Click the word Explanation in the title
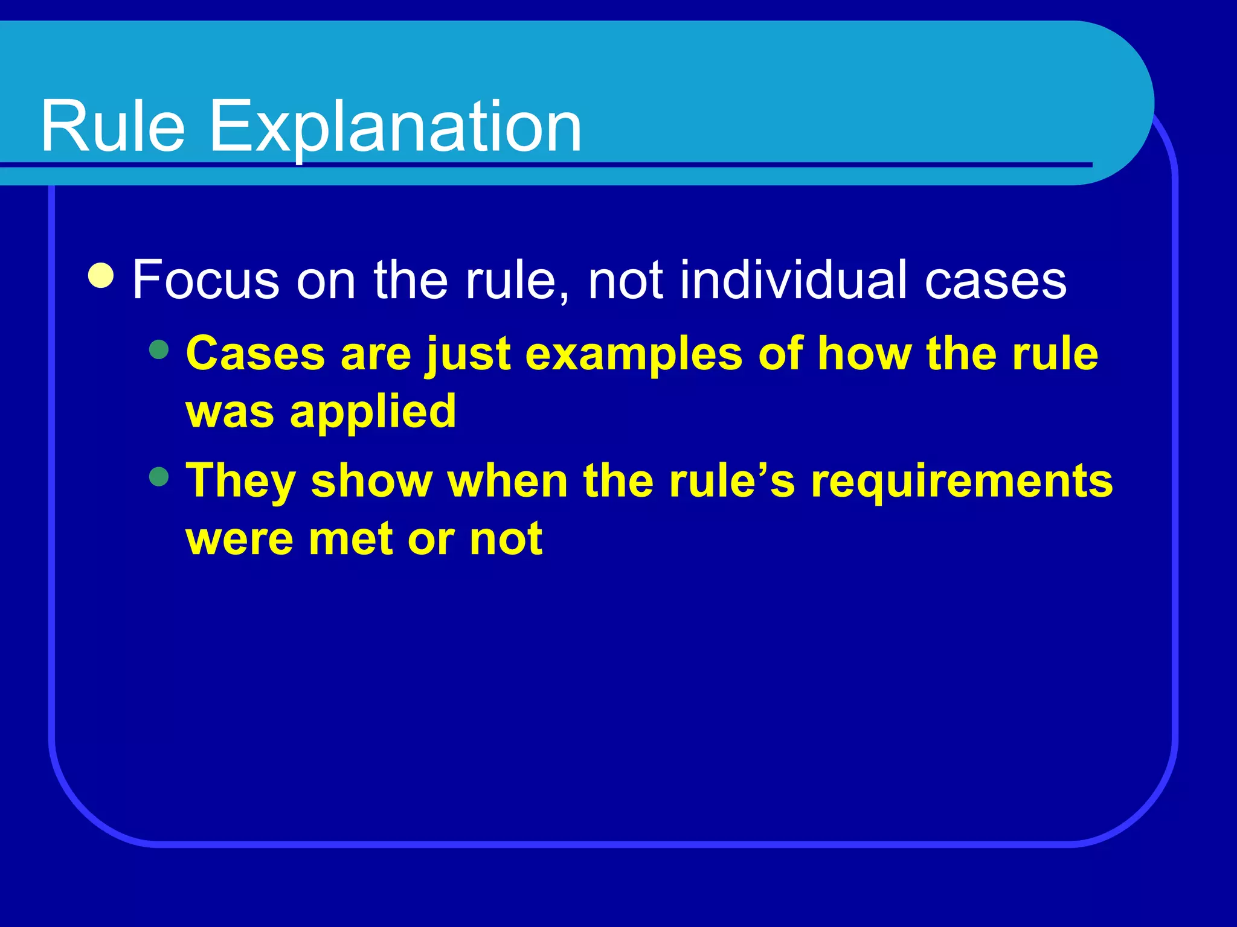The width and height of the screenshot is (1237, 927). click(395, 127)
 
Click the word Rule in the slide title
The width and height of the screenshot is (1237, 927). click(112, 127)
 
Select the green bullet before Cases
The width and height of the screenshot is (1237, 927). click(159, 349)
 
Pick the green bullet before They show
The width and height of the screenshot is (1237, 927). click(159, 477)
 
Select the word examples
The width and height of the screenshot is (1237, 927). click(634, 355)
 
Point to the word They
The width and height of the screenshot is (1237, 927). click(240, 482)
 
